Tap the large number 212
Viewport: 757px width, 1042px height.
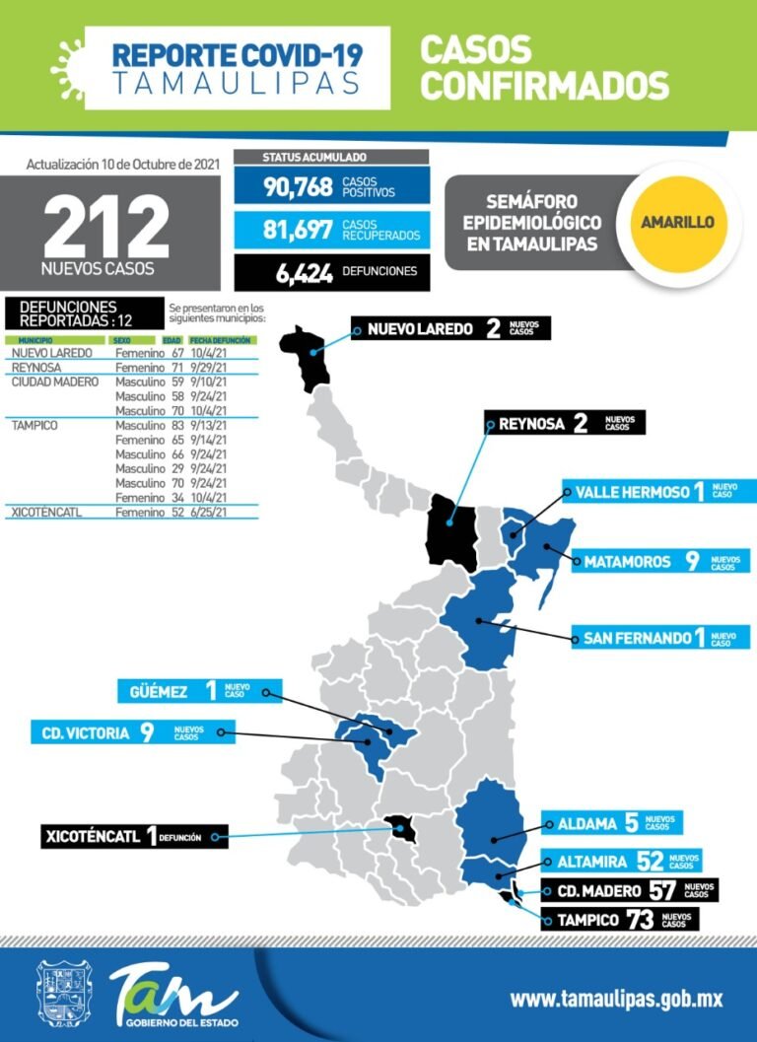point(105,228)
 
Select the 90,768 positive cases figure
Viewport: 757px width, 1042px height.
point(298,184)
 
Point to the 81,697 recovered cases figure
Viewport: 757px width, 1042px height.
point(298,231)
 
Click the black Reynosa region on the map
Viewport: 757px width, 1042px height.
point(451,528)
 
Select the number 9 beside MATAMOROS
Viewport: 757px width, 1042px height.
point(692,561)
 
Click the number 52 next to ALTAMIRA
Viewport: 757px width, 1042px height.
point(650,861)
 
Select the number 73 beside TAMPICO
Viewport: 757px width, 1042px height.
point(640,920)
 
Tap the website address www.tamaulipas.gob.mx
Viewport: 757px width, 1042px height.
point(616,999)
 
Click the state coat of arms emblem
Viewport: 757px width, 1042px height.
point(64,994)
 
